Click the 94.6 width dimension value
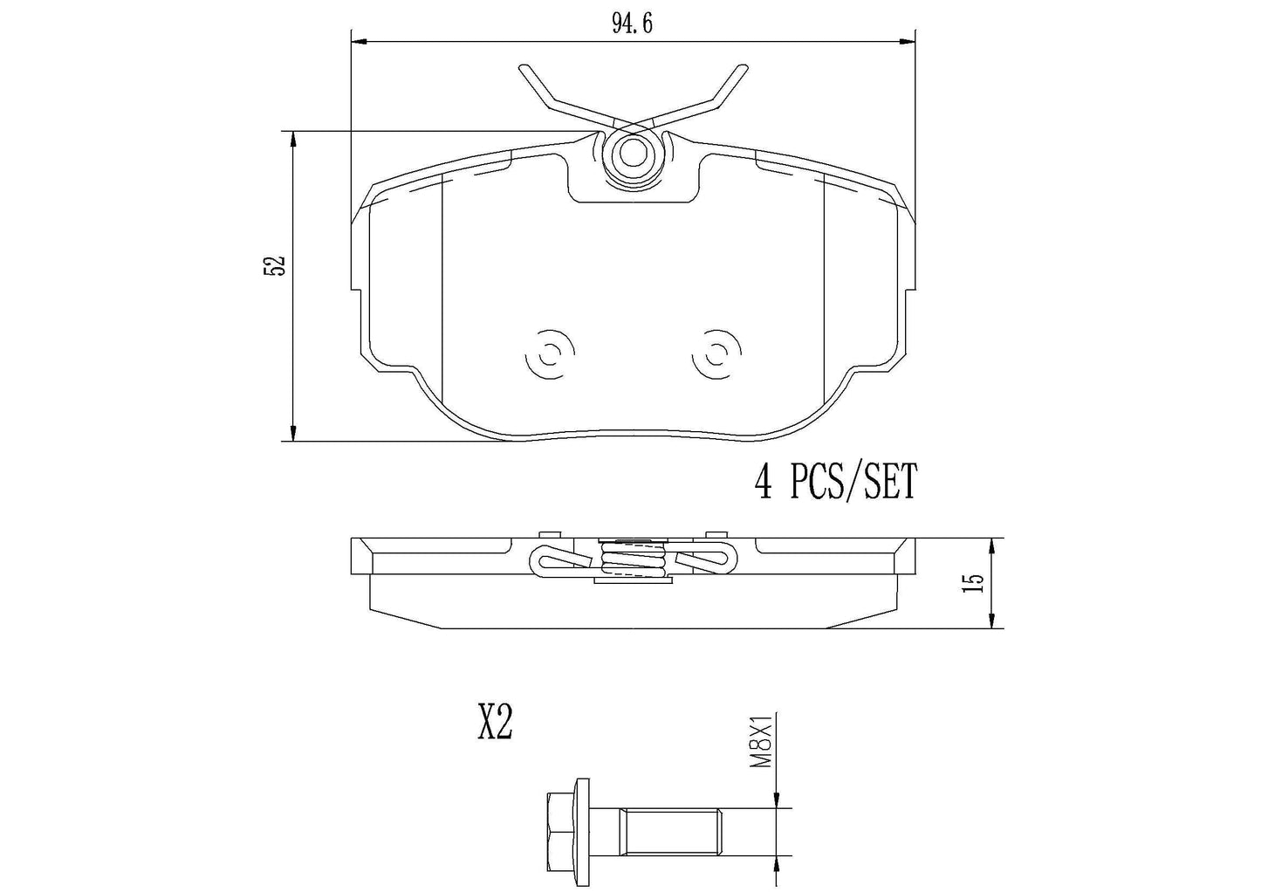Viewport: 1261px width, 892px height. point(633,24)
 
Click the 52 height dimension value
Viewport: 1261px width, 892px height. point(275,265)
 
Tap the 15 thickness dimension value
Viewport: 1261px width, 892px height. point(977,583)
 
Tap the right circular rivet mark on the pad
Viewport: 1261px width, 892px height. point(716,354)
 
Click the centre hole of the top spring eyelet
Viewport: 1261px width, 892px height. point(633,153)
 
